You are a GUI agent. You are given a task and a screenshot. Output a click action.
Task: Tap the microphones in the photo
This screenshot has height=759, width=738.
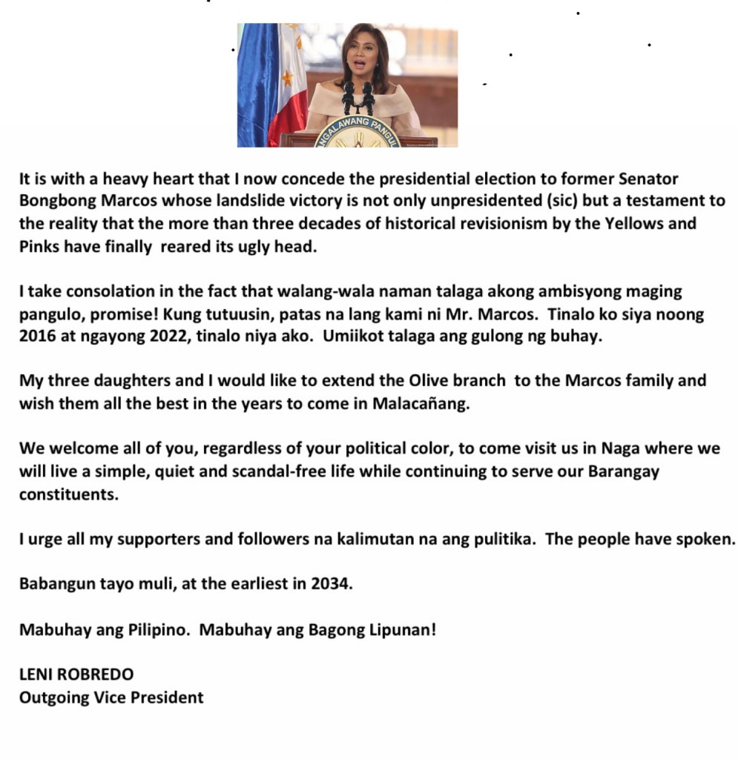(358, 96)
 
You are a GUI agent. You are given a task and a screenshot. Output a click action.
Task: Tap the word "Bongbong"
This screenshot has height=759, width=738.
(53, 201)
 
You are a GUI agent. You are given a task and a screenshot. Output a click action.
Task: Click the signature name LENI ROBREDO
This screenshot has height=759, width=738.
(76, 675)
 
